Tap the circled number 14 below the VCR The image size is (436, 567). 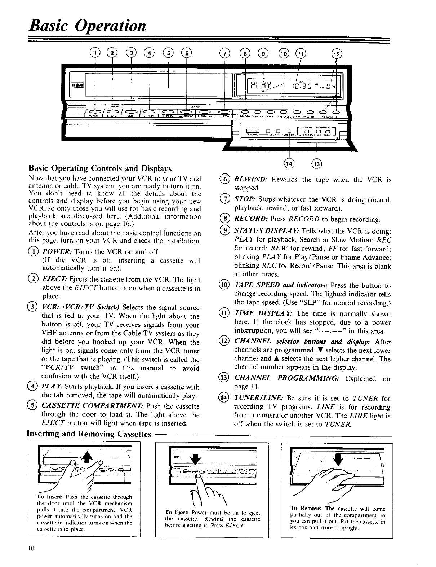pyautogui.click(x=289, y=163)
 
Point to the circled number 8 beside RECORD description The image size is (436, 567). pyautogui.click(x=226, y=219)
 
